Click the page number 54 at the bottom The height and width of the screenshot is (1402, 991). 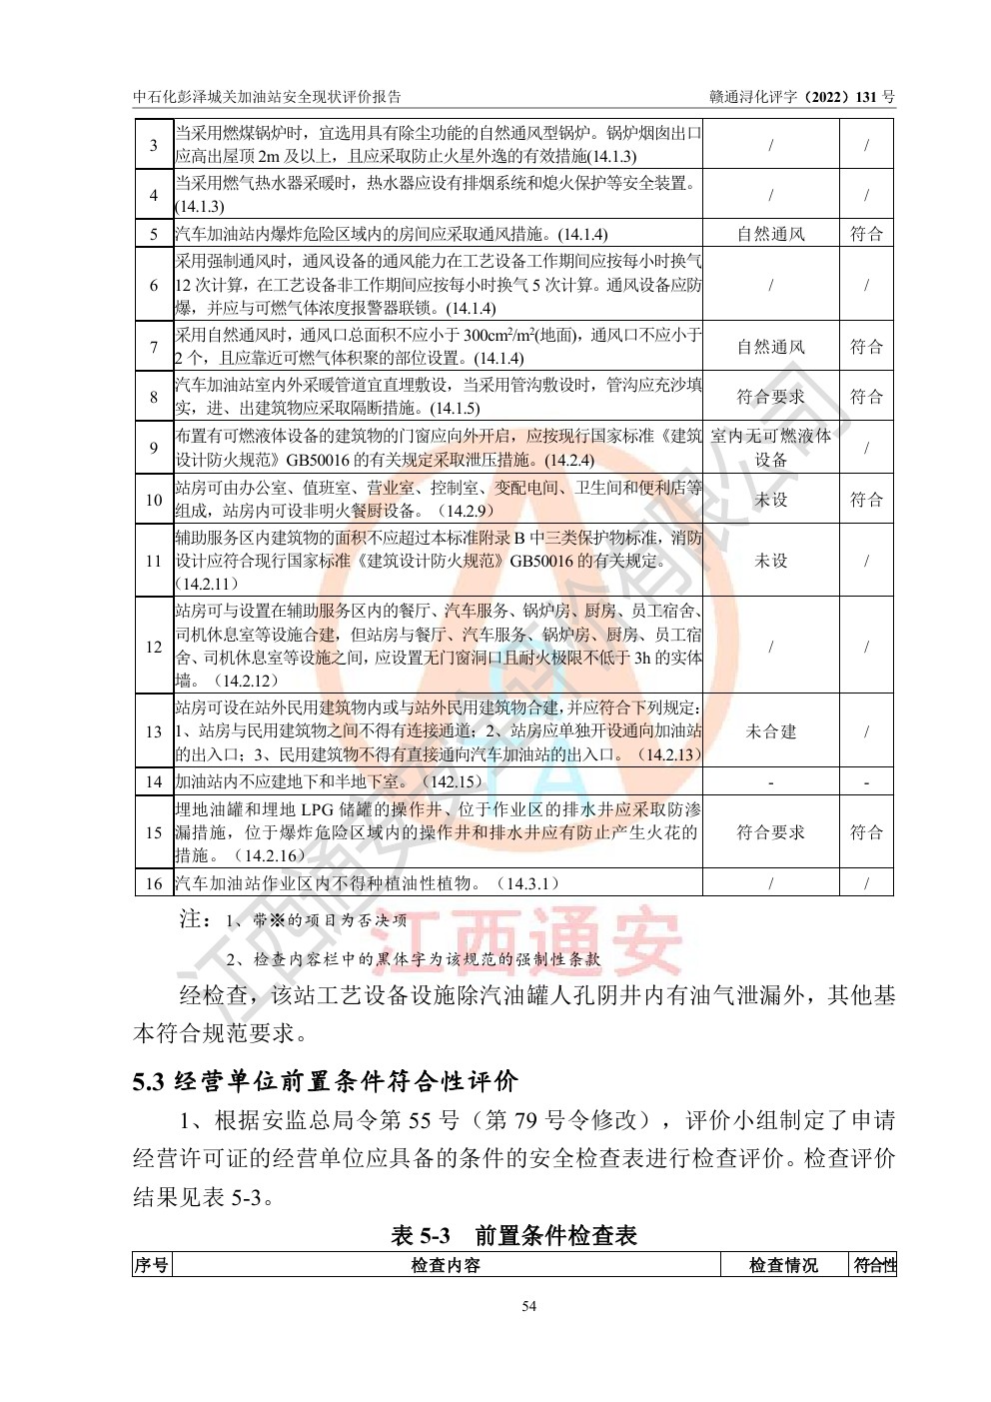click(x=528, y=1306)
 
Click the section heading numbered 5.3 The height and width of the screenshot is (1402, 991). click(x=326, y=1081)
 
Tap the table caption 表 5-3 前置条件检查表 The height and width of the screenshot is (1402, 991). click(x=513, y=1236)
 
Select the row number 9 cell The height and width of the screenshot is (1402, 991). click(x=154, y=448)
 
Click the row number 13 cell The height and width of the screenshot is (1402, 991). click(x=154, y=731)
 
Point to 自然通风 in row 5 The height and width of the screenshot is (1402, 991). click(x=770, y=234)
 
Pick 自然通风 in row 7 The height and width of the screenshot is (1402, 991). click(x=770, y=347)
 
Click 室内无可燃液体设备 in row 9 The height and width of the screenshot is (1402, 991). click(x=770, y=448)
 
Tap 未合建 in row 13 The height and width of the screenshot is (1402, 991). click(x=770, y=731)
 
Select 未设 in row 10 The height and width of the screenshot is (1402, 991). click(x=770, y=500)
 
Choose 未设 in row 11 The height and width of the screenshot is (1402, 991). click(x=770, y=561)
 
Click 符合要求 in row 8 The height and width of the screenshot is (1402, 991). click(x=770, y=397)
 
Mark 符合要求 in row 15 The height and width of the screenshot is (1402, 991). click(x=770, y=832)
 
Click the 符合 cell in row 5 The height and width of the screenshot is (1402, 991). click(x=866, y=234)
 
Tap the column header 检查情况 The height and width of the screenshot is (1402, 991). click(x=784, y=1265)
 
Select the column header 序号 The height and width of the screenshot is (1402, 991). click(x=152, y=1265)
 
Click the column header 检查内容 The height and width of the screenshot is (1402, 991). click(x=446, y=1265)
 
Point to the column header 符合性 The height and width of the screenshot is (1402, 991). click(x=874, y=1265)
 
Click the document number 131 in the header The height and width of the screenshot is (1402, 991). click(x=865, y=97)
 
